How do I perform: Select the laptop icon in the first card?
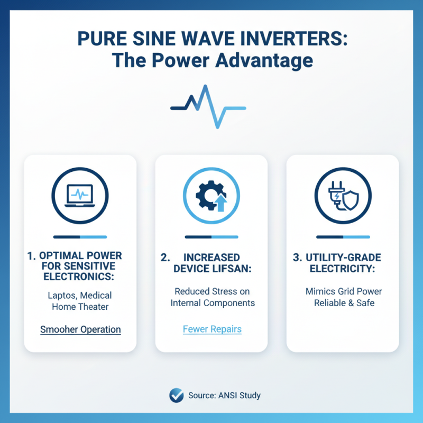coord(80,197)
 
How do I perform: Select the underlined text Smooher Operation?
coord(80,329)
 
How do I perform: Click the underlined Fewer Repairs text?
coord(212,329)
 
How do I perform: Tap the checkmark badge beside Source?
coord(176,395)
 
